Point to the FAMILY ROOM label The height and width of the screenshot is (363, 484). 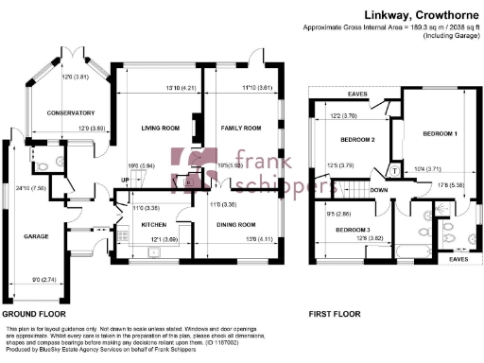click(x=241, y=128)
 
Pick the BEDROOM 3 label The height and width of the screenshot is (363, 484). click(x=353, y=231)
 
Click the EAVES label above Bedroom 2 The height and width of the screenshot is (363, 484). click(x=357, y=95)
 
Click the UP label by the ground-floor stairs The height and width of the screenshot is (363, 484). click(x=123, y=181)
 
